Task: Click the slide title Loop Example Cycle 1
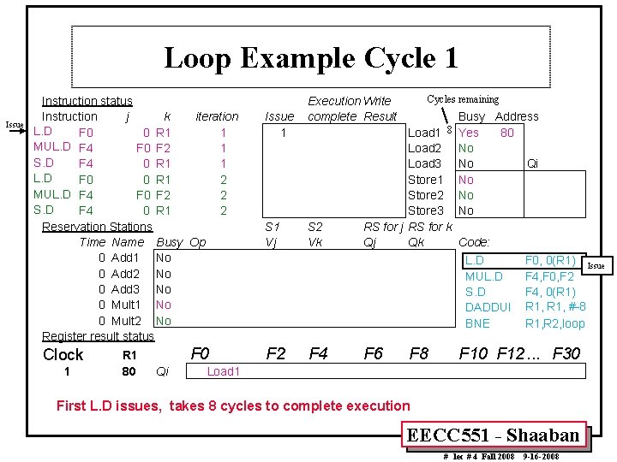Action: point(310,58)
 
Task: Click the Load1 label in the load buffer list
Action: point(424,133)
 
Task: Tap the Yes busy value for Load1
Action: point(469,133)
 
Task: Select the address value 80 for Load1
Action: point(507,133)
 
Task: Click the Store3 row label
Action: point(425,210)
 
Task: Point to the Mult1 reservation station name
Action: point(126,305)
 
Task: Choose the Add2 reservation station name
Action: point(126,274)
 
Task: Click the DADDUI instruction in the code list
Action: point(488,307)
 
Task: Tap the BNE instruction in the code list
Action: point(477,323)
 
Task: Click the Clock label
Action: point(63,354)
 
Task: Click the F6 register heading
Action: point(374,352)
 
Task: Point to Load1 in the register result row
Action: point(224,371)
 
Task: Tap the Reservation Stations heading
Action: point(97,227)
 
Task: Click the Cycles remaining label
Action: point(463,100)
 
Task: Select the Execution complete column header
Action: point(332,109)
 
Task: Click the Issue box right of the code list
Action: point(595,266)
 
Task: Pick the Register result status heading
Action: point(98,336)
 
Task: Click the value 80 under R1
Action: point(129,371)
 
